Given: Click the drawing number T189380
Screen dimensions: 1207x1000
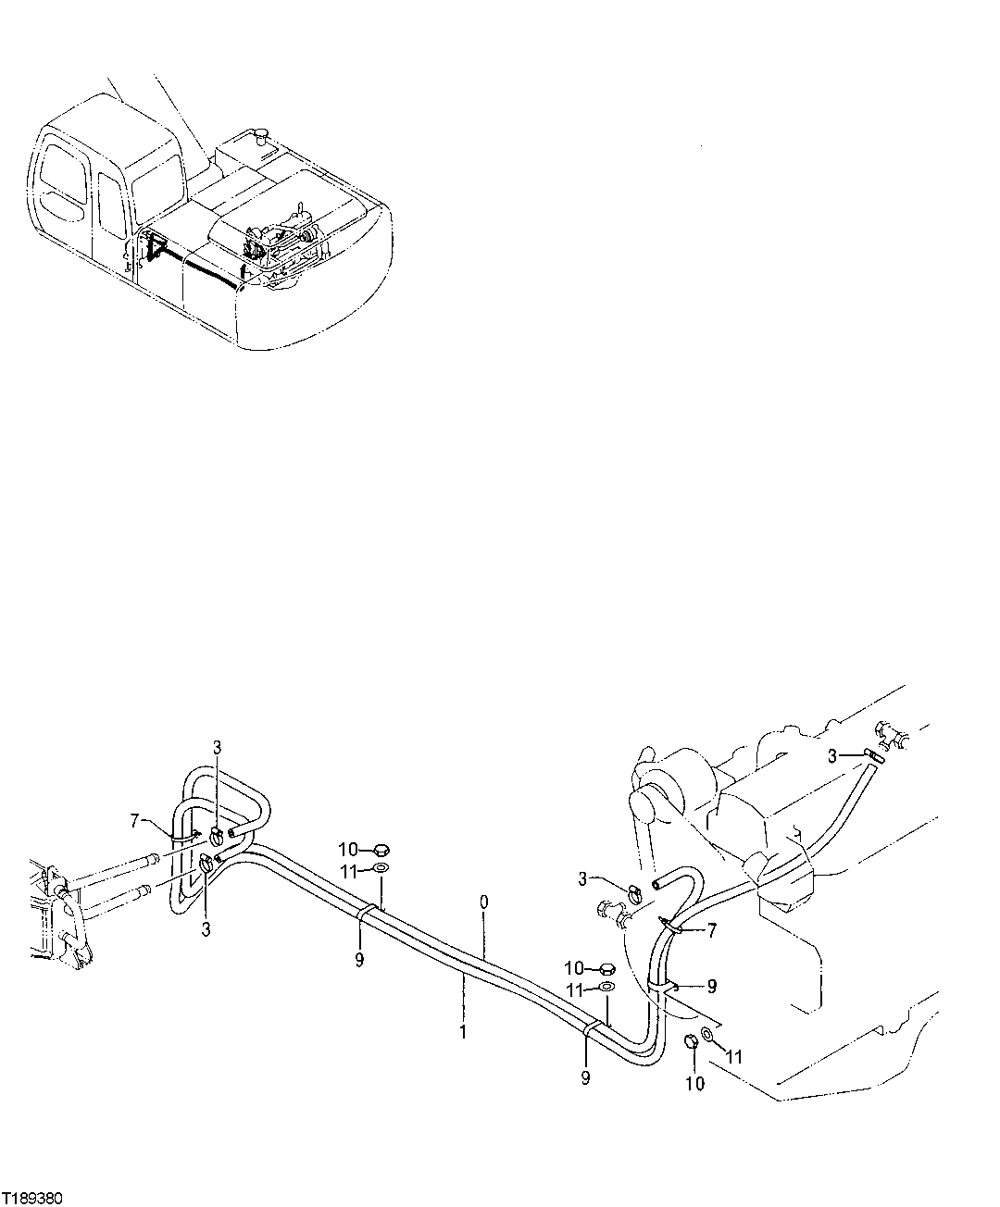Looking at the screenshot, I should tap(32, 1197).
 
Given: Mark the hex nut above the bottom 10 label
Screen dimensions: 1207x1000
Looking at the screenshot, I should tap(691, 1043).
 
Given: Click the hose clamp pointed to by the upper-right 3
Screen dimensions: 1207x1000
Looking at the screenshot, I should tap(874, 756).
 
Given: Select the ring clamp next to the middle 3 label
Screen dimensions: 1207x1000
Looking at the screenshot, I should tap(634, 893).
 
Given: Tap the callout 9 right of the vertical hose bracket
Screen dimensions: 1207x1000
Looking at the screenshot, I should tap(711, 986).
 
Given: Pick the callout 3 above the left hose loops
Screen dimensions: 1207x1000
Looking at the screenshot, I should tap(216, 747).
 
